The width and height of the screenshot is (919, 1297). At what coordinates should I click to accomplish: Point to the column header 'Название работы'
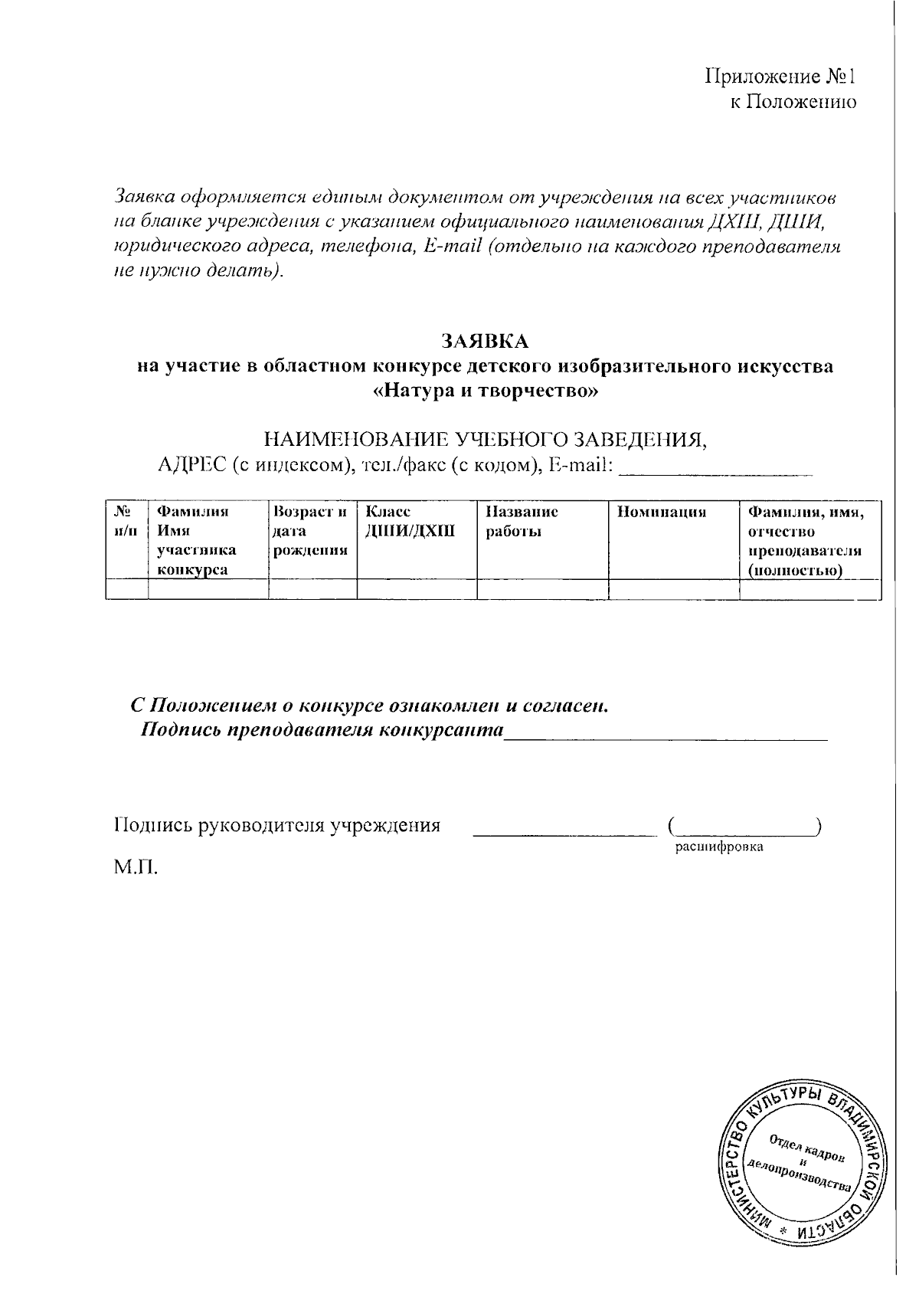pyautogui.click(x=522, y=522)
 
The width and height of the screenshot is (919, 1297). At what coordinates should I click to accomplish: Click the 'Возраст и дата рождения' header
pyautogui.click(x=311, y=531)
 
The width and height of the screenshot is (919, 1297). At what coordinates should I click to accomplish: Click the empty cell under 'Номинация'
pyautogui.click(x=673, y=589)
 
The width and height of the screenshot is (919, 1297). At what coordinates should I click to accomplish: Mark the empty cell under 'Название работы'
pyautogui.click(x=542, y=589)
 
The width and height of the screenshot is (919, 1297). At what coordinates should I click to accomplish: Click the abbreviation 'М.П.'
pyautogui.click(x=136, y=868)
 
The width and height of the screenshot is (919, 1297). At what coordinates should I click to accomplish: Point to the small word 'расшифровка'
pyautogui.click(x=718, y=847)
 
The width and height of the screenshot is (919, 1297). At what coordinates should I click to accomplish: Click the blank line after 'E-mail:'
pyautogui.click(x=715, y=469)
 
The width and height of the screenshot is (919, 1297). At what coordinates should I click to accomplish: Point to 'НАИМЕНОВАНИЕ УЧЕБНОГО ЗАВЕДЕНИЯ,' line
pyautogui.click(x=485, y=440)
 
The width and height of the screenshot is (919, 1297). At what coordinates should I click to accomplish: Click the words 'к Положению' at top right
pyautogui.click(x=792, y=102)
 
